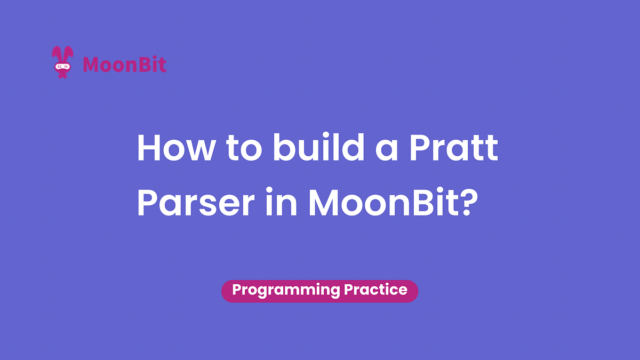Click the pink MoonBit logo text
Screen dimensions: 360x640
click(x=125, y=65)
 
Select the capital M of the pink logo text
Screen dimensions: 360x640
click(x=91, y=65)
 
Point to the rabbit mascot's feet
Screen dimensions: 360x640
click(x=63, y=77)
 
